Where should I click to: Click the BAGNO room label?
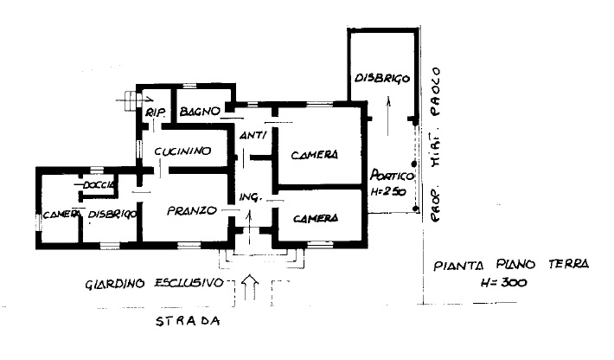[200, 112]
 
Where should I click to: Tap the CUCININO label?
[182, 151]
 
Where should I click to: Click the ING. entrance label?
[250, 195]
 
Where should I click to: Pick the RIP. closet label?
[157, 112]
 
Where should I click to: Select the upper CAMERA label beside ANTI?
[313, 155]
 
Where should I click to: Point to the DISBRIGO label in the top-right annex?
[380, 78]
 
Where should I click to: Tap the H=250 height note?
[386, 192]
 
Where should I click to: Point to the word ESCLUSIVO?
[189, 283]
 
